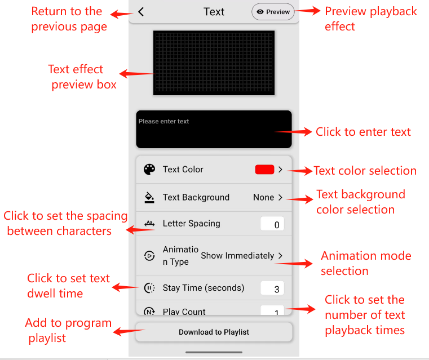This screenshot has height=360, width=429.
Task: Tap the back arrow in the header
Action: (x=141, y=12)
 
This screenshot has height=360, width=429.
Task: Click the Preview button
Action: (x=273, y=12)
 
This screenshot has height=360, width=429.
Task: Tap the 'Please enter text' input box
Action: (x=214, y=129)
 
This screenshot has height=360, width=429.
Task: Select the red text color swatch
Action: (x=264, y=170)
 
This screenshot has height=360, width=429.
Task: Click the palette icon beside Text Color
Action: (x=149, y=170)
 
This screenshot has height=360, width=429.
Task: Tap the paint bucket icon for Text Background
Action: (x=149, y=197)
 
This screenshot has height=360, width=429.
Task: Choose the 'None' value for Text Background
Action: (x=263, y=197)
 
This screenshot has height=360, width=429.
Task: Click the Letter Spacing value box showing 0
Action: (x=272, y=224)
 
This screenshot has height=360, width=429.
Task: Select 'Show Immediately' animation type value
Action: (x=237, y=256)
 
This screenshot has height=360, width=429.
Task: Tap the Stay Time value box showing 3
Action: (x=272, y=288)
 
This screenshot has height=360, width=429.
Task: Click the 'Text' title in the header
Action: (x=214, y=12)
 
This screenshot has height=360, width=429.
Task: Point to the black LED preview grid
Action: (x=214, y=63)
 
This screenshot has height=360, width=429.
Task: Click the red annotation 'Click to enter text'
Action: (x=364, y=132)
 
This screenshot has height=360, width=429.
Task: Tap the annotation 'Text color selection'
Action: (x=365, y=171)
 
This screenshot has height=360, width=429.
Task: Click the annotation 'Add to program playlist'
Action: (x=68, y=330)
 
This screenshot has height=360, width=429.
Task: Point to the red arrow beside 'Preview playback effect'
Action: (x=308, y=11)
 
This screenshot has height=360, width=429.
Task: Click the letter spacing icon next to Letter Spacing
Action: (x=149, y=224)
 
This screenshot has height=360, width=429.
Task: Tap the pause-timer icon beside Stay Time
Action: (x=149, y=288)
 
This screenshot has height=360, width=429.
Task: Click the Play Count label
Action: (x=184, y=312)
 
